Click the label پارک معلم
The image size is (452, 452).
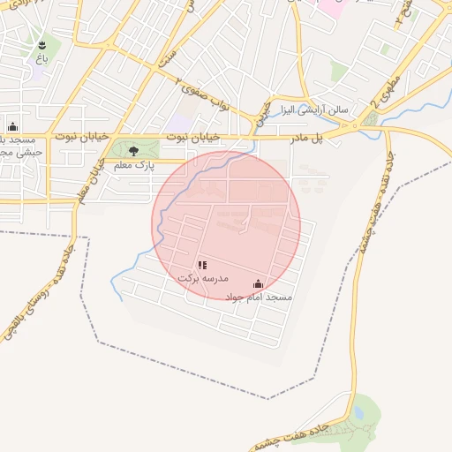pyautogui.click(x=133, y=165)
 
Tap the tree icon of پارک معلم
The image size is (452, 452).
pyautogui.click(x=133, y=151)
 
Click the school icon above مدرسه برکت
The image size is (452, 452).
pyautogui.click(x=202, y=265)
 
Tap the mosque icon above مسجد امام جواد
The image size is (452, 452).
pyautogui.click(x=258, y=283)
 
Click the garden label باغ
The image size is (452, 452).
pyautogui.click(x=41, y=57)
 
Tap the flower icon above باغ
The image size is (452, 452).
pyautogui.click(x=41, y=43)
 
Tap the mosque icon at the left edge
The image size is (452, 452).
pyautogui.click(x=12, y=126)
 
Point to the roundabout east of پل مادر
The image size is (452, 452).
pyautogui.click(x=358, y=128)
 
